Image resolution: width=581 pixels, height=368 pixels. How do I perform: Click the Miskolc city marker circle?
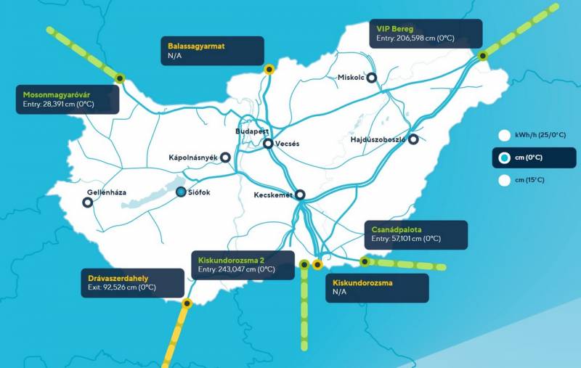pos(372,78)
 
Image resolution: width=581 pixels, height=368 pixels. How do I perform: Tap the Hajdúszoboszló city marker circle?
pos(413,139)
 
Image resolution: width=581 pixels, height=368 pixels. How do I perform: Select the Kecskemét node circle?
pos(300,195)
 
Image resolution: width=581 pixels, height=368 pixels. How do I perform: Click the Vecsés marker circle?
pos(269,144)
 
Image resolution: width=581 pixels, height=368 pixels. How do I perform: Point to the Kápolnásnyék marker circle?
pos(225,157)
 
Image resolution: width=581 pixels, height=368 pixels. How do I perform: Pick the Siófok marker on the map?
pos(181,192)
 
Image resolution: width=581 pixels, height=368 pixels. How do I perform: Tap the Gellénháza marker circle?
pos(88,203)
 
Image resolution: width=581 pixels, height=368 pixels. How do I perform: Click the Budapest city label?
pos(252,131)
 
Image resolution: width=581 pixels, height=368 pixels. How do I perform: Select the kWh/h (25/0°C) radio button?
pos(504,134)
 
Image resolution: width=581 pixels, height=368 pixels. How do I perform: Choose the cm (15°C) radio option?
pos(504,181)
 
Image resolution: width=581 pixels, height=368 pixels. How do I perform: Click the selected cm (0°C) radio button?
pos(504,158)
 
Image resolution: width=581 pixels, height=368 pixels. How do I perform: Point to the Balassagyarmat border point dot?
pos(269,69)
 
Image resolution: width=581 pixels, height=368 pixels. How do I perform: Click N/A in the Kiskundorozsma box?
pos(340,292)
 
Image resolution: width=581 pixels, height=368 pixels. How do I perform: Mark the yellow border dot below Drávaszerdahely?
pos(187,303)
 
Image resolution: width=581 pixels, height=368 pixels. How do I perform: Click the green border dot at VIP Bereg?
pos(482,56)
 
